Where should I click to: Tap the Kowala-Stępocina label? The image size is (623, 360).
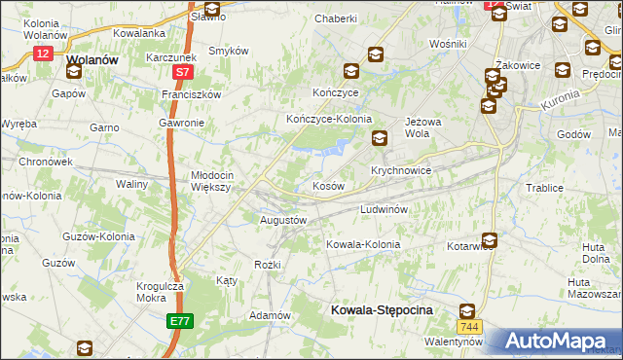pyautogui.click(x=381, y=309)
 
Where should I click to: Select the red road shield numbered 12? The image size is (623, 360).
pyautogui.click(x=42, y=54)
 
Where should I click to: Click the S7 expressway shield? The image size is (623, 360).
pyautogui.click(x=182, y=72)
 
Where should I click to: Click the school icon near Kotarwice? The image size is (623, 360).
pyautogui.click(x=488, y=239)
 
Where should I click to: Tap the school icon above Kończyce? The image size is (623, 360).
pyautogui.click(x=350, y=70)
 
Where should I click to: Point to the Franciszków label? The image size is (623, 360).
pyautogui.click(x=192, y=95)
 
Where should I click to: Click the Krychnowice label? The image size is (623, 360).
pyautogui.click(x=400, y=169)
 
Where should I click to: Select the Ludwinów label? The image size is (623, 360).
pyautogui.click(x=389, y=209)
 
